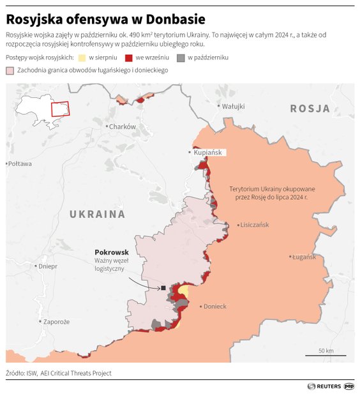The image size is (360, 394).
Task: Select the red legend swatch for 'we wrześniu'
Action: click(x=130, y=57)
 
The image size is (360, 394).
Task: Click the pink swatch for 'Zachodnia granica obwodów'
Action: click(x=10, y=70)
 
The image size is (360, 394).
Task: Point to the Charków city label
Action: click(x=122, y=126)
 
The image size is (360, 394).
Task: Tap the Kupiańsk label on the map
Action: click(x=208, y=153)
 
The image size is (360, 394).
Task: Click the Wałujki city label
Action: click(x=233, y=106)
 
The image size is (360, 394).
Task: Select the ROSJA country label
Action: click(x=310, y=109)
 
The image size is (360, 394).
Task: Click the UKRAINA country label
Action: click(x=97, y=214)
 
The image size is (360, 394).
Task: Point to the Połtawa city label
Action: click(x=19, y=164)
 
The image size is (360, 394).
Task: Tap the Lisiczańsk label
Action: click(x=255, y=225)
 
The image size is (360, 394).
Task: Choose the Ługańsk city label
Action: click(x=304, y=257)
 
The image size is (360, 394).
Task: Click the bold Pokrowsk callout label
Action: click(x=111, y=252)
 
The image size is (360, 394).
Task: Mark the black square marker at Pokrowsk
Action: click(x=163, y=288)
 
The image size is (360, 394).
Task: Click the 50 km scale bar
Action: click(x=326, y=353)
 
